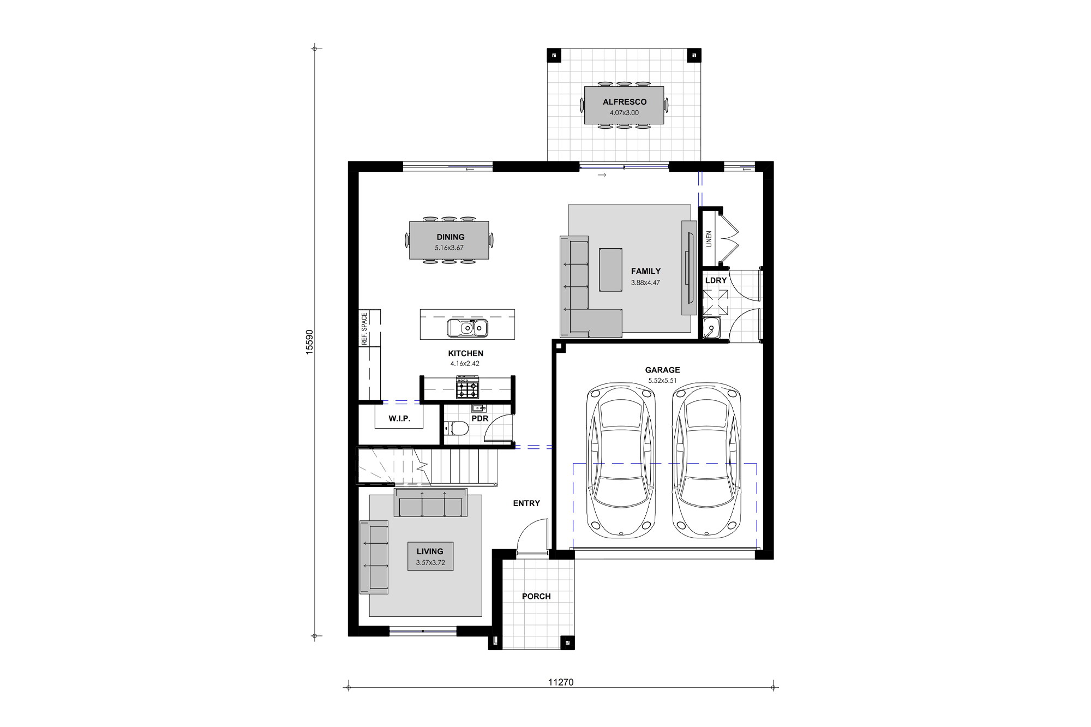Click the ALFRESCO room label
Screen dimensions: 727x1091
[x=625, y=102]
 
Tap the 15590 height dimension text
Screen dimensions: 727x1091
[x=309, y=343]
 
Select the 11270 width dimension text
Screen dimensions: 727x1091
[x=561, y=682]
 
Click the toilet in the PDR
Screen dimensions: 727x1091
[x=457, y=429]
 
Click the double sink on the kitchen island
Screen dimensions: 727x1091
[x=467, y=328]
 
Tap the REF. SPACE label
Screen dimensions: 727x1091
[x=364, y=328]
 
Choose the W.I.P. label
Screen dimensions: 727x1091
[x=399, y=419]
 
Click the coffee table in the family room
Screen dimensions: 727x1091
[x=610, y=269]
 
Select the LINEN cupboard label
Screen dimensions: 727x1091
[x=709, y=239]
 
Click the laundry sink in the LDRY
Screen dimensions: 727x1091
[x=711, y=329]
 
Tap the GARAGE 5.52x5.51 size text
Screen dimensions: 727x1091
[x=662, y=381]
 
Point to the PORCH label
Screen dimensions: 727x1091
[x=536, y=597]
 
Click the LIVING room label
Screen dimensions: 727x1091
[x=430, y=551]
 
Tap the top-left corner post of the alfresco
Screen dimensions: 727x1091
[x=554, y=55]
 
